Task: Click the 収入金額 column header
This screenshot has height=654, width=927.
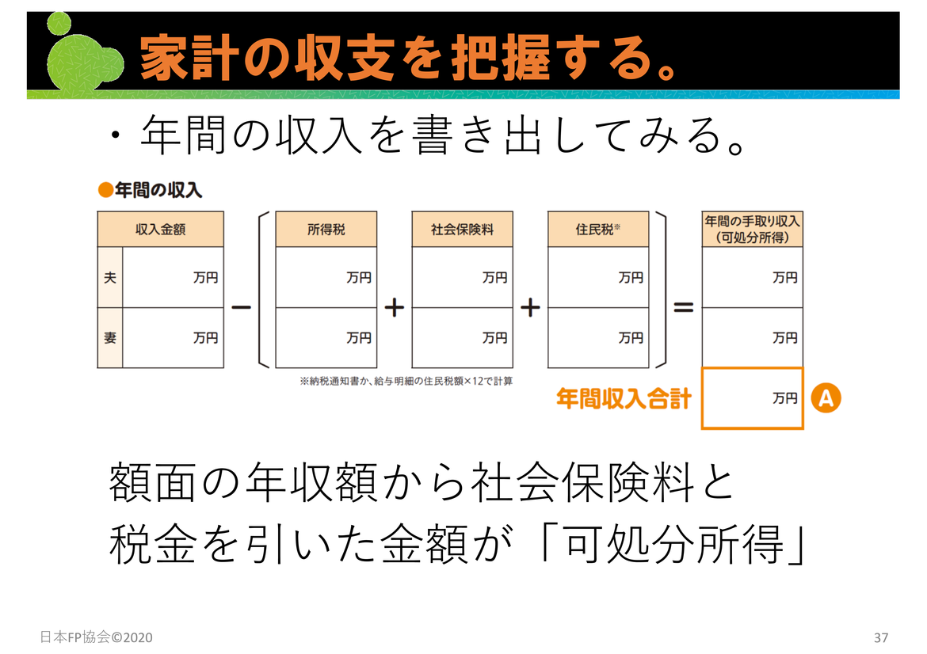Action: (160, 230)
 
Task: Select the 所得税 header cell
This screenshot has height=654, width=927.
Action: (326, 230)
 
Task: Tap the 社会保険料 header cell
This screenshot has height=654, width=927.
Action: (462, 230)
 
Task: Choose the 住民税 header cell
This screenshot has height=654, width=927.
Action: (598, 230)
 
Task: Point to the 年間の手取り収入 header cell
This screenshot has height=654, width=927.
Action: (752, 229)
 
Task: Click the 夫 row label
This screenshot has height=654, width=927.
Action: (109, 278)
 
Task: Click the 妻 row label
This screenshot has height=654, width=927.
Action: (109, 338)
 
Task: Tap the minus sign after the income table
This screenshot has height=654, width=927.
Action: (241, 308)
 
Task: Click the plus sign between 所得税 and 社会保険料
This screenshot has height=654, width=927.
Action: (395, 308)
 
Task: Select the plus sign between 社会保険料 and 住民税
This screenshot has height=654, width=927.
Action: (530, 308)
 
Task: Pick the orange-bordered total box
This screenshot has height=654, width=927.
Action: (752, 399)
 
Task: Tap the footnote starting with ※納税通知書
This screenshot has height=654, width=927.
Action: (406, 381)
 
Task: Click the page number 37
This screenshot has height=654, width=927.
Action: (881, 637)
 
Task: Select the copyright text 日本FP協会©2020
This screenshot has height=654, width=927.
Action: (96, 637)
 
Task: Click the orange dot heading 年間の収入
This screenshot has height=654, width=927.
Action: (150, 190)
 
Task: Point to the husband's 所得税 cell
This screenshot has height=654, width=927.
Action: (326, 278)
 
